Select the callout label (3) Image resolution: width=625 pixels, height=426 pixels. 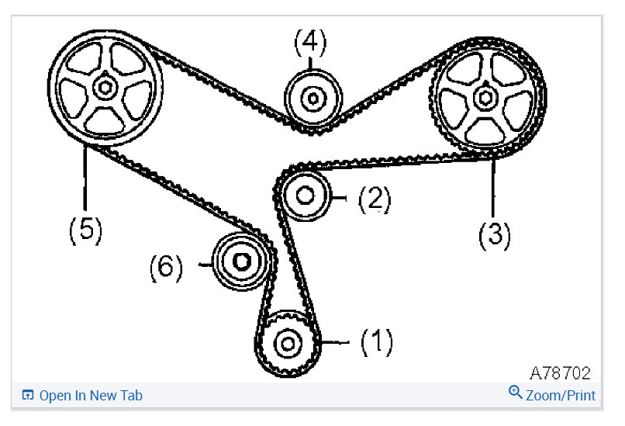(x=494, y=234)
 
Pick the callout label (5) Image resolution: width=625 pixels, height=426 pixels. (x=85, y=230)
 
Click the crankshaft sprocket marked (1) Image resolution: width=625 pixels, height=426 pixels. (x=288, y=342)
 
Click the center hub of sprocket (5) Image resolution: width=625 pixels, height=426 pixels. (x=104, y=88)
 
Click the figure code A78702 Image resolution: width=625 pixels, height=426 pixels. (x=560, y=373)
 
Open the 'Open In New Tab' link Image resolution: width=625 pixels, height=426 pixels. (x=90, y=396)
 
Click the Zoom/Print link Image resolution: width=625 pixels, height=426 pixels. (x=560, y=396)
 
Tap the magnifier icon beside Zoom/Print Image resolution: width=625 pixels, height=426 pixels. (x=516, y=393)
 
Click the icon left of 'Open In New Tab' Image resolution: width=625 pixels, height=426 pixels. (x=27, y=396)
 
